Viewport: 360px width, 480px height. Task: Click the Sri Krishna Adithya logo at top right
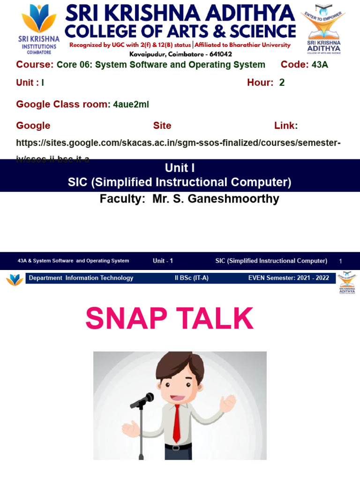click(324, 29)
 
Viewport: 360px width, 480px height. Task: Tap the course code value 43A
click(320, 65)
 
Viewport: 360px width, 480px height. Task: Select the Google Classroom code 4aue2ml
click(131, 105)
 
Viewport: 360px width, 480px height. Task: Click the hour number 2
click(282, 82)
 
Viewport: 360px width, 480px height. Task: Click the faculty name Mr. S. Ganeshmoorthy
click(216, 199)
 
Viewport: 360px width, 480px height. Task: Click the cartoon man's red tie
click(177, 423)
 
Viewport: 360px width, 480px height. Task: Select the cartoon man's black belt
click(179, 447)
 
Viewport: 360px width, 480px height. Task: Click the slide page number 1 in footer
click(341, 261)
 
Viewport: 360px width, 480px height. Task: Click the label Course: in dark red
click(35, 65)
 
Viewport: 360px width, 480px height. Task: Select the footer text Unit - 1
click(163, 261)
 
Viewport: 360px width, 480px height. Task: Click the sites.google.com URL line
click(178, 142)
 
